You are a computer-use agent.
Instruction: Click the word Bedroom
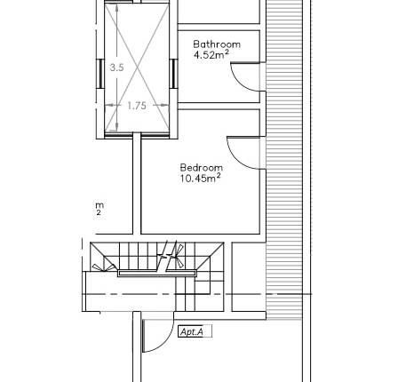[201, 167]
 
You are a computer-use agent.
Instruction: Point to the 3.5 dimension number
[114, 67]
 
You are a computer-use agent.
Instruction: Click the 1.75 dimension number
[136, 106]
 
